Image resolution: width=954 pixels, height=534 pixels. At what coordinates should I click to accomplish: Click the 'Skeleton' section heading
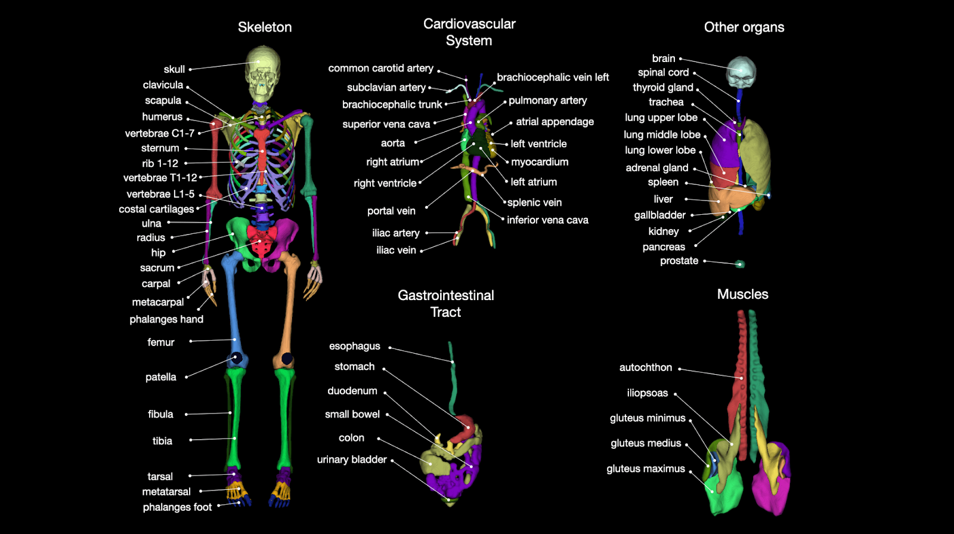tap(265, 27)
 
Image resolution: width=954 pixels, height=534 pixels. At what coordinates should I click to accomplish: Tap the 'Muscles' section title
tap(742, 294)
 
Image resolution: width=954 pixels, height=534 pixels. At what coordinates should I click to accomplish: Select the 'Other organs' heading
tap(744, 27)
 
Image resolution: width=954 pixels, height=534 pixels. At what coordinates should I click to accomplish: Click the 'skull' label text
tap(174, 69)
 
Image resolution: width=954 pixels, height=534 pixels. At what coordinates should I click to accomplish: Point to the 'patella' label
tap(161, 377)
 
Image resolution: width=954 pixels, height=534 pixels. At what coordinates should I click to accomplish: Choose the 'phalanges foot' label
tap(177, 507)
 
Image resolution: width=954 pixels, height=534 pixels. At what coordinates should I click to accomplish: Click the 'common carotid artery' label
tap(380, 69)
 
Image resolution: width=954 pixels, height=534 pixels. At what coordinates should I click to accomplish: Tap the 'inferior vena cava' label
tap(547, 220)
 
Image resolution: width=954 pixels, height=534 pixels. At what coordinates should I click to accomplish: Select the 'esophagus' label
tap(354, 346)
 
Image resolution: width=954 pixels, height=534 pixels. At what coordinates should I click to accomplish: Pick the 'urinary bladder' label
tap(352, 459)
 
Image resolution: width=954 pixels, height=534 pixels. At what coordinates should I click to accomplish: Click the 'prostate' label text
tap(679, 261)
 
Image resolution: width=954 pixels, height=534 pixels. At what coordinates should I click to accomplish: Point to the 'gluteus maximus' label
tap(646, 469)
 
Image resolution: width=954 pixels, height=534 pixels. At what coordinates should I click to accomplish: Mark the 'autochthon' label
tap(646, 368)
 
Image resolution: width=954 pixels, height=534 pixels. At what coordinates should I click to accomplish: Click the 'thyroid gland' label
tap(663, 88)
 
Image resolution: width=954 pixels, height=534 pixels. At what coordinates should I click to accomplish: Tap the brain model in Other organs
tap(741, 71)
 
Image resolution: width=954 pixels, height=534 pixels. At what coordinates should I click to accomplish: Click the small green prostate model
tap(740, 264)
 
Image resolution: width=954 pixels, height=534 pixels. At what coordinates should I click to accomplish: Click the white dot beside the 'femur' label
tap(191, 342)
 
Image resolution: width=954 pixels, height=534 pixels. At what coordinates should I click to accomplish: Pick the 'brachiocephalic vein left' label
tap(553, 78)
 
